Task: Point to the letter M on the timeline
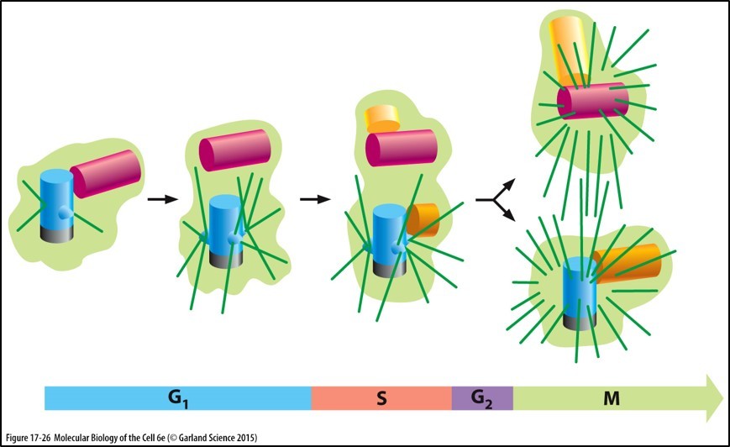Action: (x=613, y=398)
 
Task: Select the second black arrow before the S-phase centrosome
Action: (x=313, y=199)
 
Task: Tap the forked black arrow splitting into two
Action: (x=491, y=200)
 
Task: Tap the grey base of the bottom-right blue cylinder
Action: (x=577, y=319)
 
